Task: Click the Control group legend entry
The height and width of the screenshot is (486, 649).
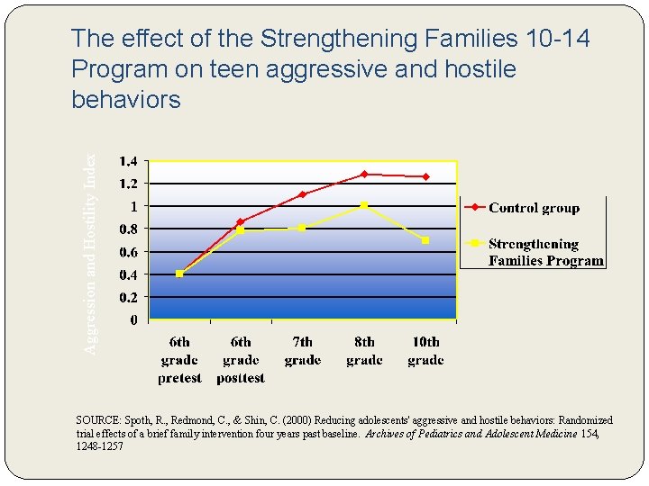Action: [534, 208]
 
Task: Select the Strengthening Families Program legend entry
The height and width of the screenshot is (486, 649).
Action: [544, 252]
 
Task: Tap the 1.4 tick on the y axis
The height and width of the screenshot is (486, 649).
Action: [129, 161]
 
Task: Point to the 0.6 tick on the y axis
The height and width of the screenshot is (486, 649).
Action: [129, 252]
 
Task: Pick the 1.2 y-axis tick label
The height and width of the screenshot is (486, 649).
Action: [129, 184]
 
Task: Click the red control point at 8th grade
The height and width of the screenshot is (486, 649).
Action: [364, 174]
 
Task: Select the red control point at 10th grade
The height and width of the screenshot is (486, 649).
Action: [425, 176]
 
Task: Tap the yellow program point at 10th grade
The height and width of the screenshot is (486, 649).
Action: [425, 240]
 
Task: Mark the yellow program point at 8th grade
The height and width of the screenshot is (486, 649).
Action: [364, 205]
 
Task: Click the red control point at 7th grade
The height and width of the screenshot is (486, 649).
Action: [302, 194]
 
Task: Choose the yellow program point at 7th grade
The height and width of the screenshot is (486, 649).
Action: [302, 228]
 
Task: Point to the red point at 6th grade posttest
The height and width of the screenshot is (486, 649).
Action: [241, 221]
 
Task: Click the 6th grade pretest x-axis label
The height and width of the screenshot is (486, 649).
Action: [179, 360]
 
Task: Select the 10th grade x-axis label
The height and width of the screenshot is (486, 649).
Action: [425, 351]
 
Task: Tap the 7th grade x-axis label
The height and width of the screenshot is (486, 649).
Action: [302, 351]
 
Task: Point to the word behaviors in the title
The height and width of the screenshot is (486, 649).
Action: [125, 100]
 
